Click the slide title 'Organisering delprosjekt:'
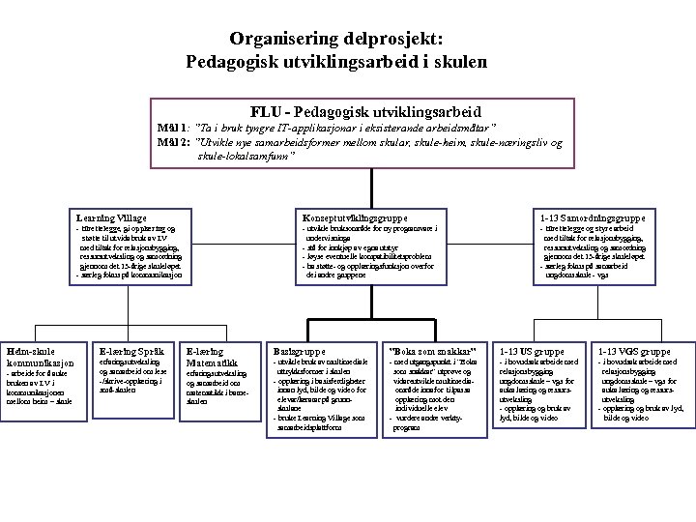337,40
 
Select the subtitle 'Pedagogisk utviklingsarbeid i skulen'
337,61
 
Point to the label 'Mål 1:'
175,128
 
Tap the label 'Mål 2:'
175,142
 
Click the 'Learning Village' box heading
112,217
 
